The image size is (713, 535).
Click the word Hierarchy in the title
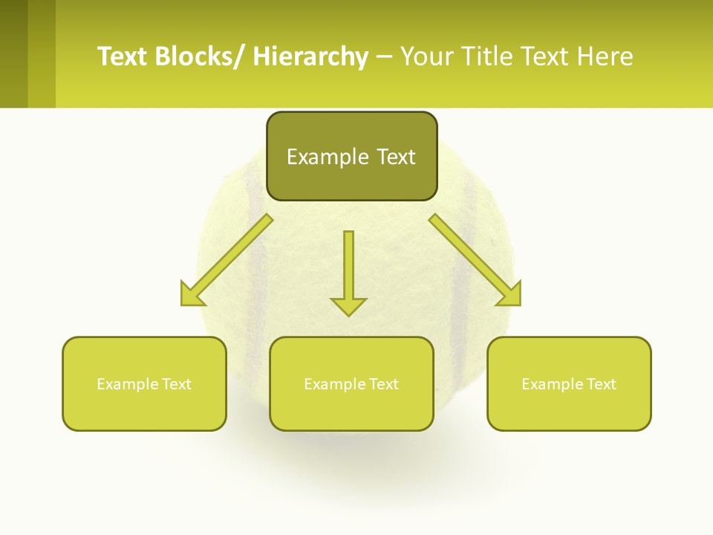310,56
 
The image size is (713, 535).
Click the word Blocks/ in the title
199,56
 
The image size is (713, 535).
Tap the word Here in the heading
606,56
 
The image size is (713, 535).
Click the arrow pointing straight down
349,267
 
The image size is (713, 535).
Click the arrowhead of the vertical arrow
349,305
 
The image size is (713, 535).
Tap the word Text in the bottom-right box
601,384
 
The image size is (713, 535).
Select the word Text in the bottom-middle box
383,384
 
